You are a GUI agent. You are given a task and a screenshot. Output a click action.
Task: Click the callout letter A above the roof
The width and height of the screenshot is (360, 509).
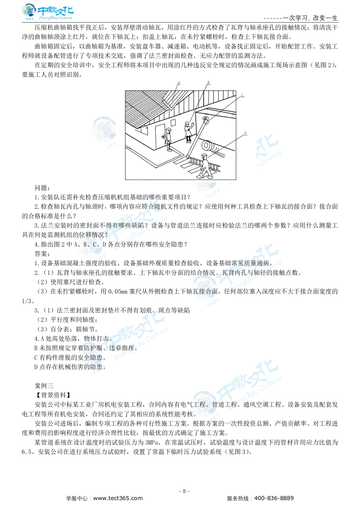pos(179,82)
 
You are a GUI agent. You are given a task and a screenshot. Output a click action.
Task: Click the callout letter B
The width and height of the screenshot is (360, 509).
pos(208,82)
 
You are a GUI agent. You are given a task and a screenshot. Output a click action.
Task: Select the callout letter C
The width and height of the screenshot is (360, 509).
pos(242,95)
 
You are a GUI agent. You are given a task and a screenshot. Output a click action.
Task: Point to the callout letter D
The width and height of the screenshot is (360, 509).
pos(246,133)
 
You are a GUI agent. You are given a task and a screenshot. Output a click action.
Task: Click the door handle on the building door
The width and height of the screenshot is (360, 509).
pos(163,137)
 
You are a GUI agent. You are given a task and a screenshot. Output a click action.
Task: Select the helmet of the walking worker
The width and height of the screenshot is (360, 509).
pos(204,156)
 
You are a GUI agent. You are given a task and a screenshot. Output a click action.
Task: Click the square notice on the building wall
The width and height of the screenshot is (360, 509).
pos(173,122)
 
